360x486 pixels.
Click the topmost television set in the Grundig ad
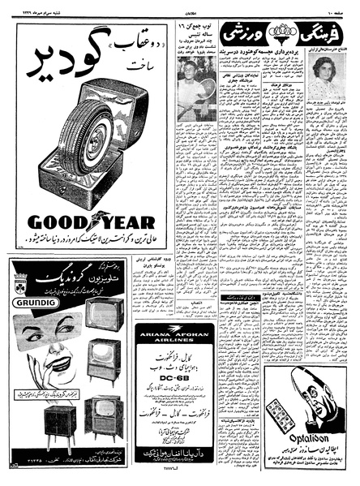click(104, 312)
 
